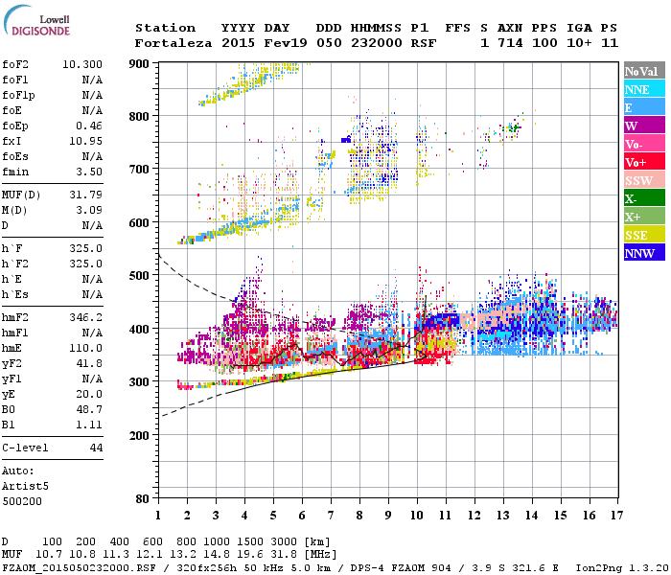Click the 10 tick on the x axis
coord(417,515)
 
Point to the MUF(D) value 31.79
coord(87,195)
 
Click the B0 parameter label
coord(9,409)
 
